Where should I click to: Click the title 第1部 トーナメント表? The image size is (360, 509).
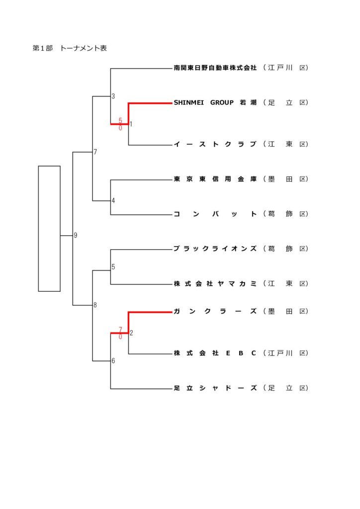click(70, 48)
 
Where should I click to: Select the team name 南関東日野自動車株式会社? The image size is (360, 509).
click(215, 68)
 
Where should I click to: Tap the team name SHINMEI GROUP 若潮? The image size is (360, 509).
click(215, 103)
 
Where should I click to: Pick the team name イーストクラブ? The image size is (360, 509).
click(215, 145)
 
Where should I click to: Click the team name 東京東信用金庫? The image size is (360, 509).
click(215, 179)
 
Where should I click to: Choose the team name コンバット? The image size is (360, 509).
click(215, 214)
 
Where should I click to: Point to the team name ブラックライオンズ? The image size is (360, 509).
click(215, 249)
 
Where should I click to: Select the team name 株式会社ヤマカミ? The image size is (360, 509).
click(215, 284)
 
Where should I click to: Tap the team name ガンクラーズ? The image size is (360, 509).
click(215, 312)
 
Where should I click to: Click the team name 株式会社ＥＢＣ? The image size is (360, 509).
click(215, 353)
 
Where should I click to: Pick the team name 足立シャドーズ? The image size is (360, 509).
click(215, 388)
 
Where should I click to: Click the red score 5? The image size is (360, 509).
click(120, 120)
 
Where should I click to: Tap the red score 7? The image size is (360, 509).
click(120, 330)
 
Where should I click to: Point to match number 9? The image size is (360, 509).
click(76, 236)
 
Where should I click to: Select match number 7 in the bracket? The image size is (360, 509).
click(95, 152)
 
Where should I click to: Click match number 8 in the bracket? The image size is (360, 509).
click(95, 305)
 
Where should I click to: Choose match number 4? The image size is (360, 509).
click(113, 201)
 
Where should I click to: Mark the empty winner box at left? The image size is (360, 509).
click(49, 228)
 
